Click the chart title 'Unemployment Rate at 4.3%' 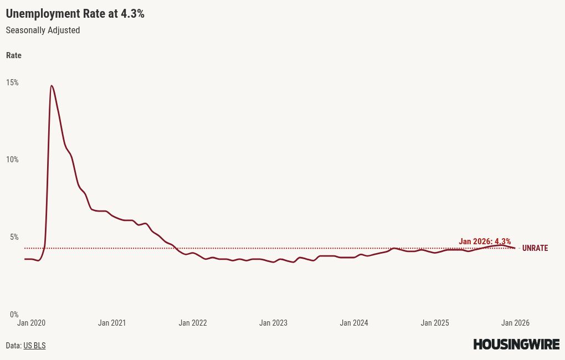(x=75, y=14)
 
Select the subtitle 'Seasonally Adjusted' (x=43, y=30)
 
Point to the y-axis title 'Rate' (x=14, y=55)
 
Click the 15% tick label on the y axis (x=12, y=83)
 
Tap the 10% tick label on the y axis (x=12, y=160)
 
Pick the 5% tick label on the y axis (x=14, y=237)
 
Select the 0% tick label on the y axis (x=14, y=315)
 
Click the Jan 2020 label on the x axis (x=31, y=323)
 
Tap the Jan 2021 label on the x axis (x=112, y=323)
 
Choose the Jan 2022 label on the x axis (x=193, y=323)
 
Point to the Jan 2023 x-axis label (x=273, y=323)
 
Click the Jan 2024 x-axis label (x=354, y=323)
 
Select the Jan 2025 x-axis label (x=435, y=323)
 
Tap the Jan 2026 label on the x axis (x=515, y=323)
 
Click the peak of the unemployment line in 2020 (x=52, y=86)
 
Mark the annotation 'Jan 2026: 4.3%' (x=485, y=241)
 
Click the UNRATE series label (x=535, y=248)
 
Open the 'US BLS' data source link (x=34, y=346)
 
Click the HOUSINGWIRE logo (x=516, y=344)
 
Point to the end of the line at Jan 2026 (x=515, y=248)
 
